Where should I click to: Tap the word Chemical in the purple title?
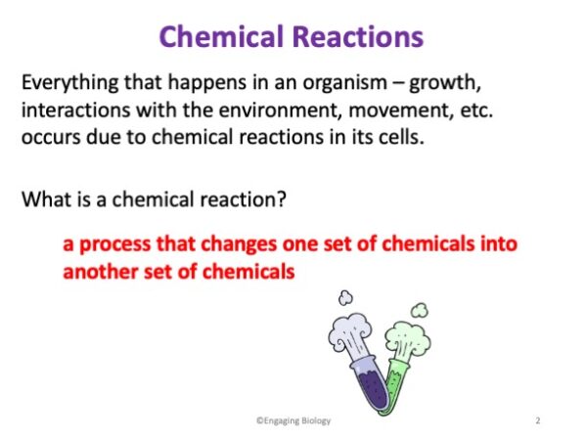221,36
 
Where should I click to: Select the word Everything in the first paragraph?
69,83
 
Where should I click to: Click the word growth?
445,83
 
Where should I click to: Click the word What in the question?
47,198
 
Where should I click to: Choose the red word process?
114,244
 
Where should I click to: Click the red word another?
101,272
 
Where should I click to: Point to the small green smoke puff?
420,310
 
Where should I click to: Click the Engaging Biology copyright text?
293,420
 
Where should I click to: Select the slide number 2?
538,420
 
